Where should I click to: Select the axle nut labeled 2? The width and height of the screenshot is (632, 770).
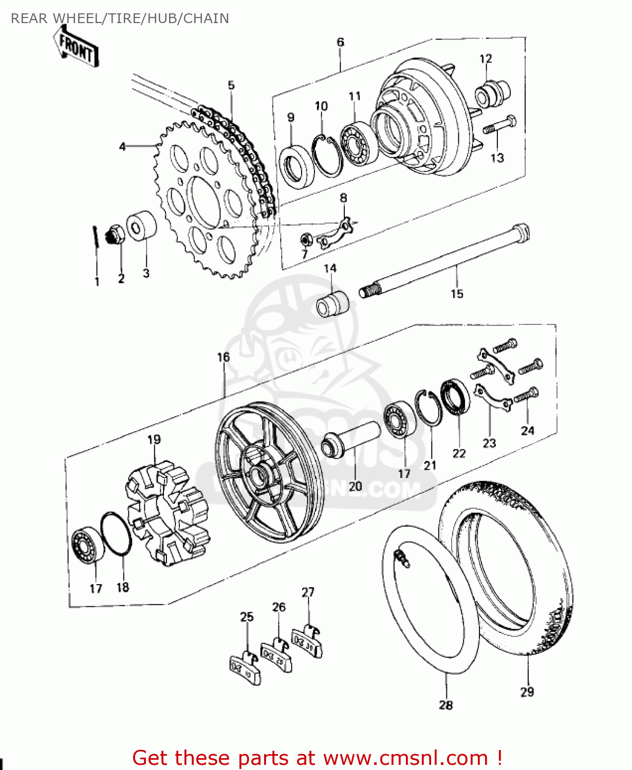click(115, 236)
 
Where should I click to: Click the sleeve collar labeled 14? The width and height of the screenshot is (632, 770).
click(332, 304)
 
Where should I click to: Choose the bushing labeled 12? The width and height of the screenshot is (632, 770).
click(492, 93)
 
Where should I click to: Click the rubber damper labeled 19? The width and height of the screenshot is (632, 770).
click(167, 513)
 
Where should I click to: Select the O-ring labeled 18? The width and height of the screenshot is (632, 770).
click(116, 534)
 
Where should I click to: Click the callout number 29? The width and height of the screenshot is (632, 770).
click(527, 692)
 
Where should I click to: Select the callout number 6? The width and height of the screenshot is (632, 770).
click(340, 42)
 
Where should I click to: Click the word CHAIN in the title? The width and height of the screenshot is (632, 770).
click(206, 18)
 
